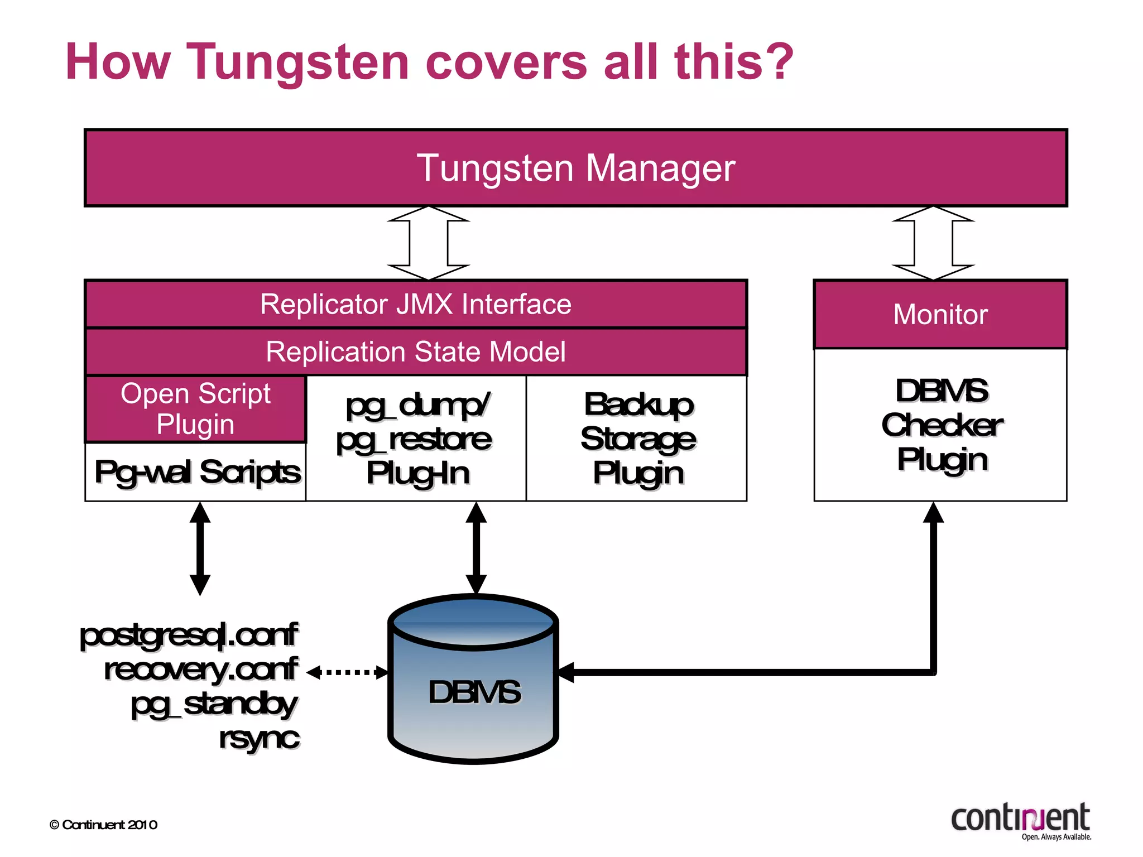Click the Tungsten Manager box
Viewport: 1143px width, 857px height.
575,168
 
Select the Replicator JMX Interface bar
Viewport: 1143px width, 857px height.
416,305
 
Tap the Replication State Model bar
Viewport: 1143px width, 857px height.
416,352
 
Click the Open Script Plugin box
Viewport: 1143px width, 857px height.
195,409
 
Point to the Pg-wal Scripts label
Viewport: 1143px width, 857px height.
197,472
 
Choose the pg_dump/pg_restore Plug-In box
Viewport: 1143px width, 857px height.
416,439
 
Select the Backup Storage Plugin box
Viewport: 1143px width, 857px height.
637,439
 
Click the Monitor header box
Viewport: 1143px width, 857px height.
940,315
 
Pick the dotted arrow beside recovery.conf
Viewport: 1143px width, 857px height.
347,672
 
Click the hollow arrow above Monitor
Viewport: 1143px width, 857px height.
933,243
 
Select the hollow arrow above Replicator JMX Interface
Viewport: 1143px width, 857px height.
429,243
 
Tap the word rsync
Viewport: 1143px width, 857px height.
259,738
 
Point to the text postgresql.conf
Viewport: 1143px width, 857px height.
189,635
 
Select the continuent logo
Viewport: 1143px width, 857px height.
1021,820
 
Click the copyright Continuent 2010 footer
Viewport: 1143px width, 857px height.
104,825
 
